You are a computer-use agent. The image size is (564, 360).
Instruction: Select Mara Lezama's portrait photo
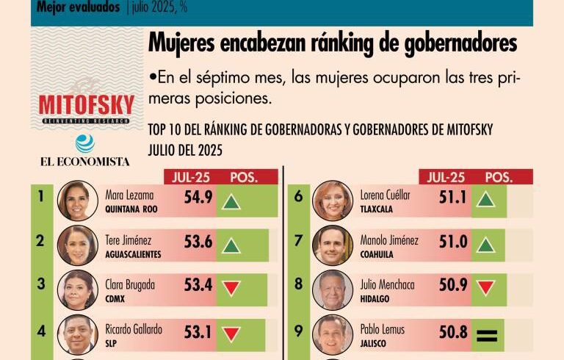point(77,201)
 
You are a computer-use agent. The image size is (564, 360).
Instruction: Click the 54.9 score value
point(198,197)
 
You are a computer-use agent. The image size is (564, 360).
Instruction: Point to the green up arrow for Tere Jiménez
point(231,245)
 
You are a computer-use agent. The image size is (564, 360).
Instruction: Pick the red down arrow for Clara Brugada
point(231,288)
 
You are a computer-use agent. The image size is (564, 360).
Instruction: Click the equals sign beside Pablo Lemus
point(485,336)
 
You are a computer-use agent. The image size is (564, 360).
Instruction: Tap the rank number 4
point(41,331)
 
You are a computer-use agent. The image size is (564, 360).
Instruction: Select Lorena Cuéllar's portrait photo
point(332,201)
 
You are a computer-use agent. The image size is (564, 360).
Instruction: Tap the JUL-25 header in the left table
point(188,177)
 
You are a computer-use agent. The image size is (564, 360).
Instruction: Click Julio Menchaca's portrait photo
point(332,289)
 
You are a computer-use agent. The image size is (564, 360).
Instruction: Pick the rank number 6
point(298,197)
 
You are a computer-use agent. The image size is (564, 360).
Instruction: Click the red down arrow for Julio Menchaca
point(485,287)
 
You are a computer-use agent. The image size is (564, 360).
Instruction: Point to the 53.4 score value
point(198,285)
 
